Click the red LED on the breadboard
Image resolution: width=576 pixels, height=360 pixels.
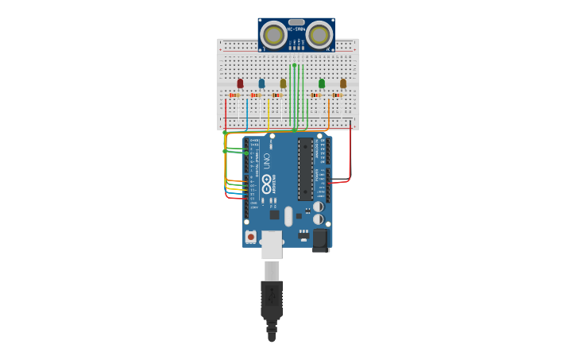tap(240, 83)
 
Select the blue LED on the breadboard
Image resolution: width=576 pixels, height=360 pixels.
tap(261, 83)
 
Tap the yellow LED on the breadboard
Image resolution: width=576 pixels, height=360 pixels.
tap(283, 83)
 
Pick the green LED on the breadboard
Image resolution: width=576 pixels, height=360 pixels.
tap(322, 83)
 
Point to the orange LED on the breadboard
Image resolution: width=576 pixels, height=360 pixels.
tap(343, 83)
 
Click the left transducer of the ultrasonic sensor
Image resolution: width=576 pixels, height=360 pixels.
tap(273, 35)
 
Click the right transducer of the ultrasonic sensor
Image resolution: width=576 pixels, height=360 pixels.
tap(319, 35)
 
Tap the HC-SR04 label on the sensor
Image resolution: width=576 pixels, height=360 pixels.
tap(296, 29)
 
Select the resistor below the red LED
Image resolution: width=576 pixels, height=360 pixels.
tap(234, 95)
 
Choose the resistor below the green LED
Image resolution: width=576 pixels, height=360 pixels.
tap(315, 95)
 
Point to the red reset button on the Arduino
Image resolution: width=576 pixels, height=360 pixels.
tap(251, 236)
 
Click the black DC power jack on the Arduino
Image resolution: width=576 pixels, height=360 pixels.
tap(320, 239)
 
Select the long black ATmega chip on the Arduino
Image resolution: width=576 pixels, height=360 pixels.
tap(305, 169)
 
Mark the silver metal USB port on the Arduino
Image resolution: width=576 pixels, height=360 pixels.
tap(272, 245)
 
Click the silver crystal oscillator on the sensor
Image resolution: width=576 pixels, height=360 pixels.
tap(296, 22)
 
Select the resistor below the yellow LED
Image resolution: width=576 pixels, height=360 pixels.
tap(276, 95)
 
